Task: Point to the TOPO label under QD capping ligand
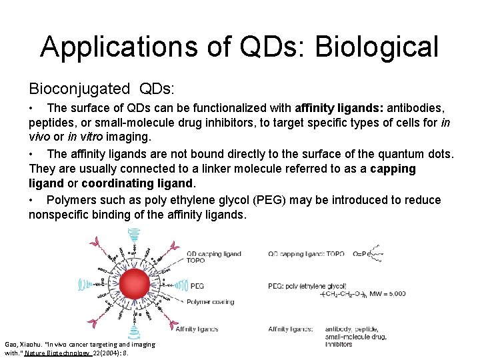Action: [x=196, y=261]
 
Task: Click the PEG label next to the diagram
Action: [x=197, y=285]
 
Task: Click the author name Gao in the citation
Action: [x=11, y=344]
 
